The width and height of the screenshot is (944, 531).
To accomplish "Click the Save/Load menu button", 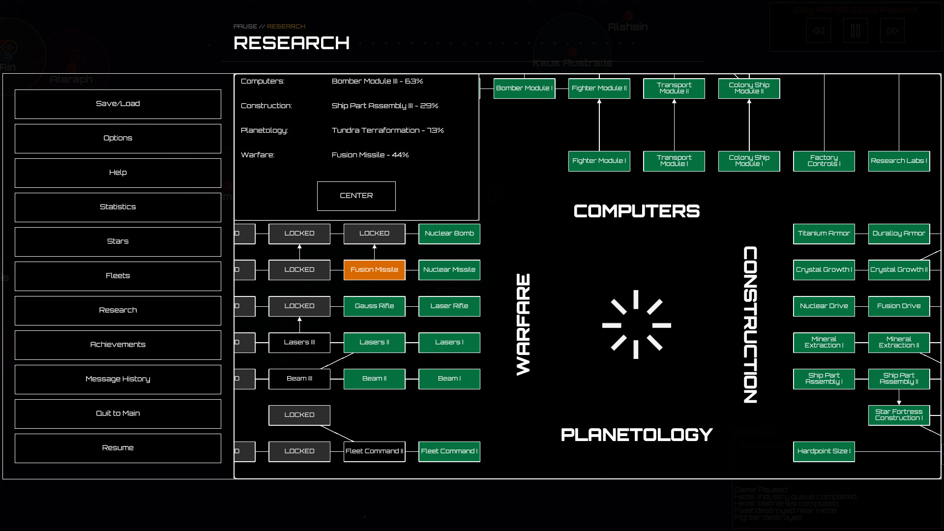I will coord(118,104).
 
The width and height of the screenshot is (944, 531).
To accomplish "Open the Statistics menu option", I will coord(118,207).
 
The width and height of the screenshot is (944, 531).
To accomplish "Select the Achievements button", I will coord(118,345).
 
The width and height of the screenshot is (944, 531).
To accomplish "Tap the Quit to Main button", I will coord(118,413).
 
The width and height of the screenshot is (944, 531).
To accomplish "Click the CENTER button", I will coord(356,196).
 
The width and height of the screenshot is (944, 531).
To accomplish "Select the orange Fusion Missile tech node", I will coord(374,270).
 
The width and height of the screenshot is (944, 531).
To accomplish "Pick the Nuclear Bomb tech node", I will coord(449,234).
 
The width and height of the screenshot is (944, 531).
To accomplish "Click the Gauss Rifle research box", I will coord(374,306).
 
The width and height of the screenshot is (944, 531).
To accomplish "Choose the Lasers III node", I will coord(299,342).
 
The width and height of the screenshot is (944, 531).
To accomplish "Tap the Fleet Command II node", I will coord(374,451).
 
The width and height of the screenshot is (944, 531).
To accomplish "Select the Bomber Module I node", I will coord(524,88).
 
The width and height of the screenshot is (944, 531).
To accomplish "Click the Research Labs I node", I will coord(899,161).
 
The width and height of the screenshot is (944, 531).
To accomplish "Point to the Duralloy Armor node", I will coord(899,234).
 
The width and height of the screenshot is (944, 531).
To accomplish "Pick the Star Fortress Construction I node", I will coord(899,415).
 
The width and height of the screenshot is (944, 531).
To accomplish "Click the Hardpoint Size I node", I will coord(824,451).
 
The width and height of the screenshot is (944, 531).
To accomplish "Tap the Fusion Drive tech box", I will coord(899,306).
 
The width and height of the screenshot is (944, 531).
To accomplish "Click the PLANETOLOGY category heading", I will coord(637,435).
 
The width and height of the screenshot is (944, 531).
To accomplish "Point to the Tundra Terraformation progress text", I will coord(387,130).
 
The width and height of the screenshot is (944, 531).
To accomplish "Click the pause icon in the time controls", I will coord(855,31).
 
